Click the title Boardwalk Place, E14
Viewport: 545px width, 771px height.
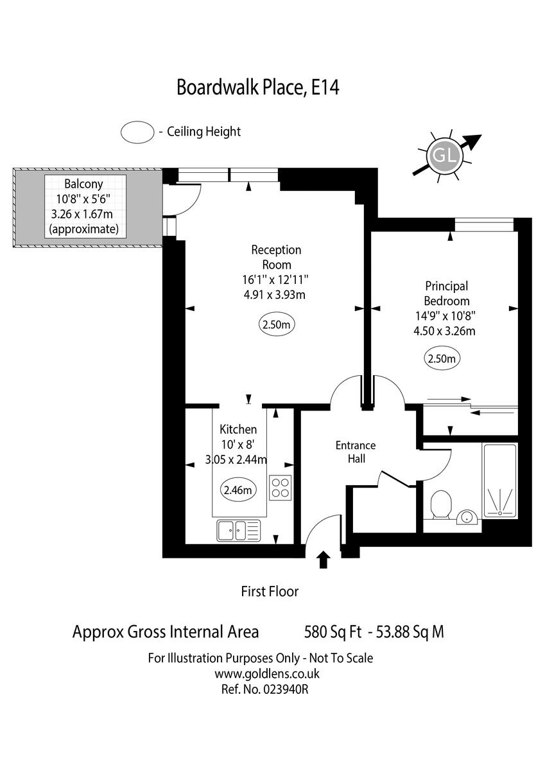[x=257, y=87]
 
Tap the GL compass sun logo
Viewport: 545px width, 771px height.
[x=442, y=155]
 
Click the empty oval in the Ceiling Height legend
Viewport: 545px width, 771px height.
[x=137, y=132]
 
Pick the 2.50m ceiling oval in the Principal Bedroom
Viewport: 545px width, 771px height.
[x=442, y=359]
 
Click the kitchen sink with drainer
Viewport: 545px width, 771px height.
[x=238, y=531]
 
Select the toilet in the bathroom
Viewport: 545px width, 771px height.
[x=441, y=505]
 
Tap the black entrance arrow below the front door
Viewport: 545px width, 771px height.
[x=324, y=560]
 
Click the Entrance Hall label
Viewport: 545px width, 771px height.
[x=356, y=452]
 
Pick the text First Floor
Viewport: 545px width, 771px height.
[x=270, y=591]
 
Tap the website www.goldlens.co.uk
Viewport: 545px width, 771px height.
[x=267, y=674]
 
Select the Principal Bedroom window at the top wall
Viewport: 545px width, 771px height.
[x=483, y=225]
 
